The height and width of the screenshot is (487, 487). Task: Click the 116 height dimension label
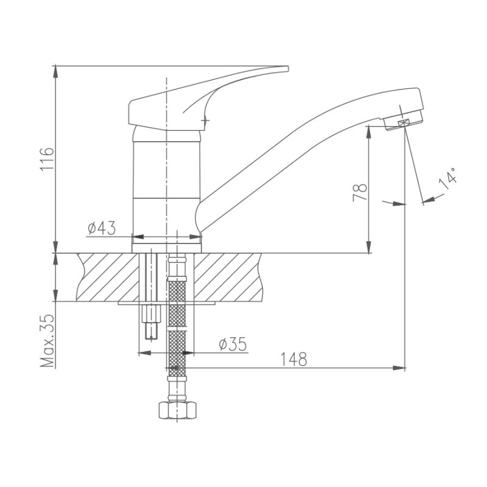(x=47, y=159)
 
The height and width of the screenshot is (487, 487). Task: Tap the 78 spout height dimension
(x=360, y=193)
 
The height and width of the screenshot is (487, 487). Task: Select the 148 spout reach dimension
(x=293, y=359)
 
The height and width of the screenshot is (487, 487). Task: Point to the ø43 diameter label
(x=102, y=228)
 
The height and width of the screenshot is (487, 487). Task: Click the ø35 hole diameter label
(x=233, y=344)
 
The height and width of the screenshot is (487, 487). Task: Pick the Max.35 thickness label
(x=47, y=341)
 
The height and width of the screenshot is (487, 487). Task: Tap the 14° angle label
(x=448, y=179)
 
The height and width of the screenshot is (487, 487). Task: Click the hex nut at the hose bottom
(x=177, y=410)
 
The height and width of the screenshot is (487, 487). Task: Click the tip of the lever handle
(x=287, y=68)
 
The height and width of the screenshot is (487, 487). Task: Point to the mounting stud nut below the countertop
(x=151, y=314)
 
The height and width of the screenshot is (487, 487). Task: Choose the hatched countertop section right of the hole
(x=228, y=277)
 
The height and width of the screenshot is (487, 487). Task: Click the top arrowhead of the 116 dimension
(x=55, y=71)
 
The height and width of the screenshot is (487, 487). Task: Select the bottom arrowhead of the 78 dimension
(x=369, y=247)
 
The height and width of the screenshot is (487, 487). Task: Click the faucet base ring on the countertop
(x=167, y=248)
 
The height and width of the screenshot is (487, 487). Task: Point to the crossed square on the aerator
(x=403, y=123)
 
